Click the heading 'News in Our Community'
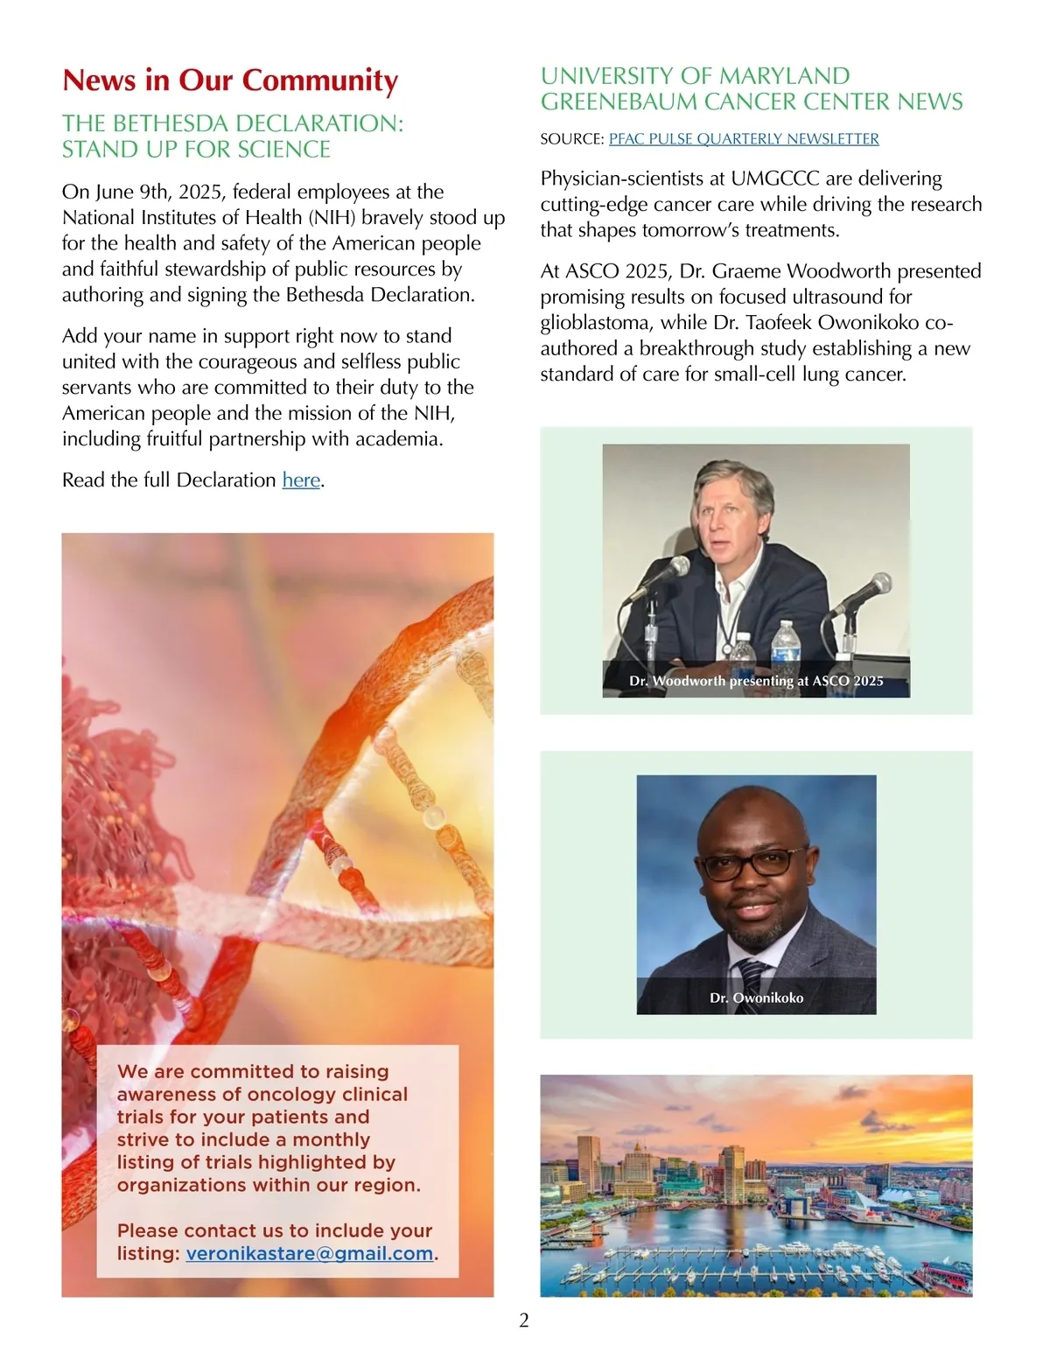(230, 81)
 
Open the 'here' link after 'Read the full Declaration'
(301, 480)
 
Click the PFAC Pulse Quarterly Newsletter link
(744, 139)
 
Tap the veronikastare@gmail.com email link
(309, 1253)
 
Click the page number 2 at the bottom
(524, 1320)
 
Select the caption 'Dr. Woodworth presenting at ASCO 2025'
(756, 681)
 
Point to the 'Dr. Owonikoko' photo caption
(756, 998)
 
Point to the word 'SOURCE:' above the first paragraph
(571, 139)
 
